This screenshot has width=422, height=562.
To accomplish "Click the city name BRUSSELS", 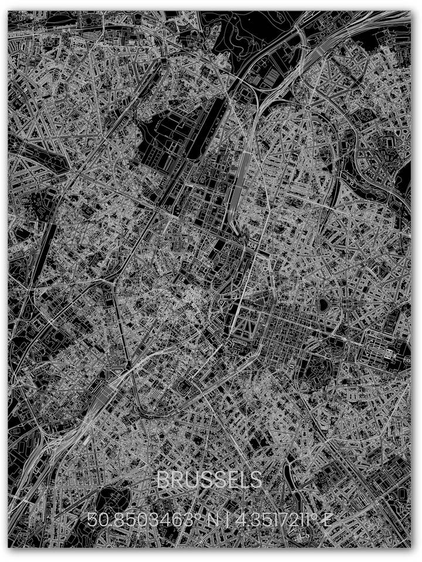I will [209, 480].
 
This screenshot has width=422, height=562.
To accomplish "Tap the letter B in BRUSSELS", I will [163, 480].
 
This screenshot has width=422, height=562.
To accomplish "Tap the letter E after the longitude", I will [328, 519].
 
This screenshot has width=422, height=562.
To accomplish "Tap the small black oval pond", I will [323, 304].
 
